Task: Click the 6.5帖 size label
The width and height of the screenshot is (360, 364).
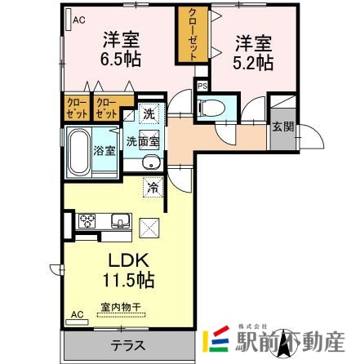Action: coord(119,59)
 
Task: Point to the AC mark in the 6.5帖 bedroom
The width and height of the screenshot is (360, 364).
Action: coord(79,20)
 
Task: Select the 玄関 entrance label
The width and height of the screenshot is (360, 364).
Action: coord(283,127)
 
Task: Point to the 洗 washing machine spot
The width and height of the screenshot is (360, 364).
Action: coord(150,114)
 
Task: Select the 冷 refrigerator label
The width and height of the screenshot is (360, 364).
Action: coord(152,186)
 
